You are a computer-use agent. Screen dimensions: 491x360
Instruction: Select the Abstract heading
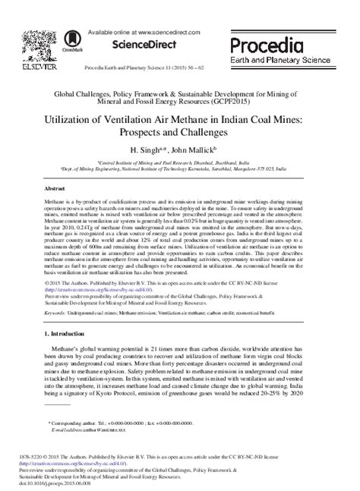pos(57,186)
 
